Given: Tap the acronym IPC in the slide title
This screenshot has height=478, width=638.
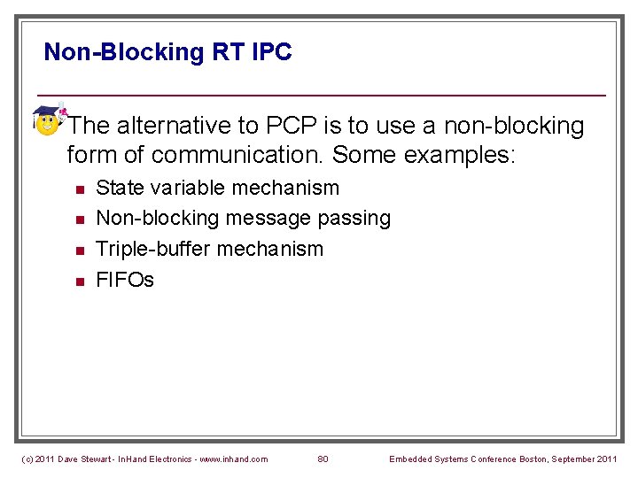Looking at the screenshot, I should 272,52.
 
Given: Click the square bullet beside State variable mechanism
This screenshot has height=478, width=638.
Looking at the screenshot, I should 79,189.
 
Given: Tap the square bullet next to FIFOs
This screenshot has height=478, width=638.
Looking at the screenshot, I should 79,281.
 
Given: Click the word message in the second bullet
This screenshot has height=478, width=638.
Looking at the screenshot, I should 265,218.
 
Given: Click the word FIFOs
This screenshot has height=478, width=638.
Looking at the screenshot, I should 125,280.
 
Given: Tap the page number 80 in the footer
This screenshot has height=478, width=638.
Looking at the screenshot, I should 323,459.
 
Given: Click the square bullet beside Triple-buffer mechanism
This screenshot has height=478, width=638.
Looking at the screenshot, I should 79,251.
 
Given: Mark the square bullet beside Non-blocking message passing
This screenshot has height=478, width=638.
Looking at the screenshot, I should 79,220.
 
